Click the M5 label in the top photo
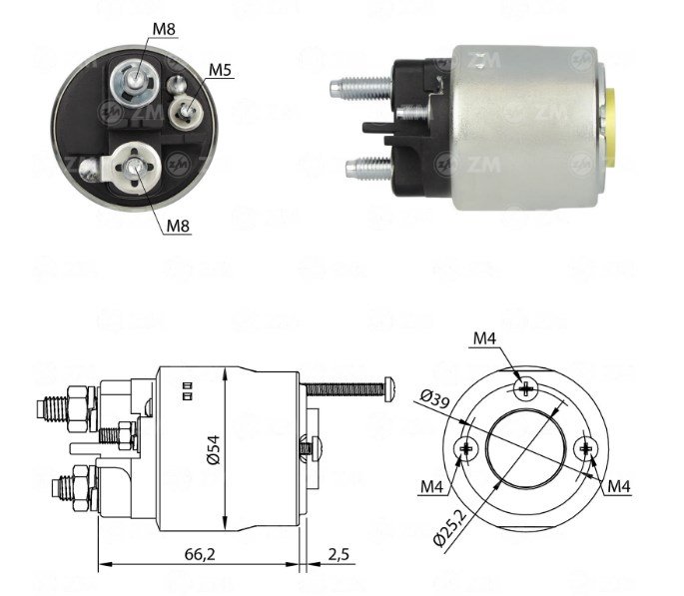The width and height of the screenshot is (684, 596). [221, 70]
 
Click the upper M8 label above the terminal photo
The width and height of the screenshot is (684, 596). [164, 29]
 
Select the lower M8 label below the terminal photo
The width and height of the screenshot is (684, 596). [179, 226]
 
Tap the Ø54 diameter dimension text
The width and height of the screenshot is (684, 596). [214, 450]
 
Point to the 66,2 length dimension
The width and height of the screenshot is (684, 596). [200, 554]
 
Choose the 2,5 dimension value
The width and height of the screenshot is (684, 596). [339, 554]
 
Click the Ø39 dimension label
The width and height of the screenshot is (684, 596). [435, 399]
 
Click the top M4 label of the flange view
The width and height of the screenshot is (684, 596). [485, 338]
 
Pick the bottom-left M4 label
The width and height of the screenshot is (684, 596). [431, 486]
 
